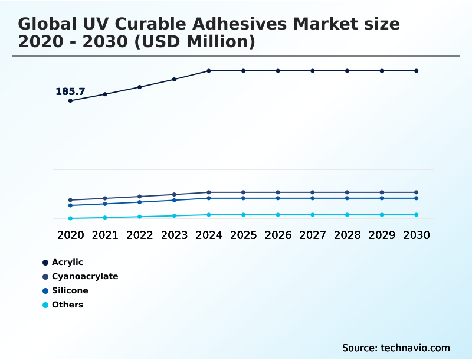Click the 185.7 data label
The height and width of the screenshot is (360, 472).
(x=70, y=91)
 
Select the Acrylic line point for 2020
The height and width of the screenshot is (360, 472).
(x=70, y=100)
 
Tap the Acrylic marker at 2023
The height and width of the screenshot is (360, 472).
(x=174, y=79)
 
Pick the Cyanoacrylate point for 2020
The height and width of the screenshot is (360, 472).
(x=70, y=200)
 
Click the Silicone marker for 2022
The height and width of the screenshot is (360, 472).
(x=140, y=202)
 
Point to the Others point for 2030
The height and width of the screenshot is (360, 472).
(x=417, y=215)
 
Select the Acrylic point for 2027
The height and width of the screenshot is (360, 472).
(x=313, y=71)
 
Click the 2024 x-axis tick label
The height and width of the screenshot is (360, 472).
(x=209, y=235)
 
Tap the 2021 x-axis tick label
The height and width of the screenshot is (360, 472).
(x=105, y=235)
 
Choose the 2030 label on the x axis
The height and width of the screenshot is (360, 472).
(x=417, y=235)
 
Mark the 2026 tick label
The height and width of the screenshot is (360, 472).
(x=278, y=235)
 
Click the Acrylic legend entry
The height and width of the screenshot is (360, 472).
(x=67, y=262)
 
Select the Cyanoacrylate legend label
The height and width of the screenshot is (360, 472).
(x=85, y=276)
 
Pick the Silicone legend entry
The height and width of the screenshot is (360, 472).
(x=70, y=290)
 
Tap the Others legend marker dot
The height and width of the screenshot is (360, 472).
(x=45, y=305)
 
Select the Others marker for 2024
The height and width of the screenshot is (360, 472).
(x=209, y=215)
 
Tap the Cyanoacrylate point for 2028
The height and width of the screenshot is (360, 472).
(x=347, y=192)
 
